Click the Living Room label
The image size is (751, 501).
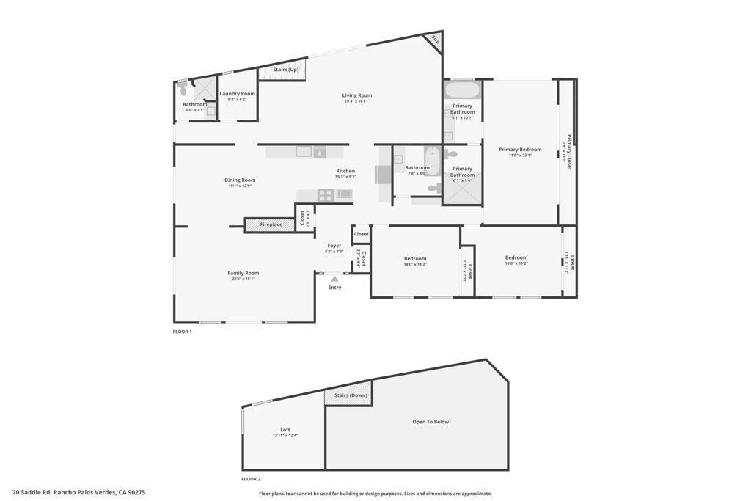pyautogui.click(x=357, y=95)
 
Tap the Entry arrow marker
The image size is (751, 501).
pyautogui.click(x=334, y=279)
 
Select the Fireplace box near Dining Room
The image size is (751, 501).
pyautogui.click(x=271, y=224)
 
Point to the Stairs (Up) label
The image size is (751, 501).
pyautogui.click(x=285, y=70)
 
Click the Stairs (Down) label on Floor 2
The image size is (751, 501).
pyautogui.click(x=351, y=395)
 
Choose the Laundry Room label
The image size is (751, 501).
pyautogui.click(x=238, y=93)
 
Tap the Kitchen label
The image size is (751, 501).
pyautogui.click(x=345, y=171)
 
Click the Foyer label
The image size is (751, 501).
pyautogui.click(x=334, y=246)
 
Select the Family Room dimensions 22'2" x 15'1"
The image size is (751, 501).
pyautogui.click(x=243, y=279)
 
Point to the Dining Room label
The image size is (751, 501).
pyautogui.click(x=240, y=180)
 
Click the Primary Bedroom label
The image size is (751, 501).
pyautogui.click(x=520, y=150)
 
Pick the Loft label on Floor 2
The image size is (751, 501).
pyautogui.click(x=285, y=430)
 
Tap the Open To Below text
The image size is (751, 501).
pyautogui.click(x=431, y=422)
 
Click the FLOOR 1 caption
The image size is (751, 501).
pyautogui.click(x=182, y=332)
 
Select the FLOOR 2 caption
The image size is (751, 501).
pyautogui.click(x=251, y=479)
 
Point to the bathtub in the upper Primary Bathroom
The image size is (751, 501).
pyautogui.click(x=462, y=91)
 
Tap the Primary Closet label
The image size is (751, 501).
pyautogui.click(x=569, y=152)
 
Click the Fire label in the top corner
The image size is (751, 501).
pyautogui.click(x=435, y=40)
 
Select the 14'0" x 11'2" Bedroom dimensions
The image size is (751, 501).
pyautogui.click(x=415, y=264)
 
